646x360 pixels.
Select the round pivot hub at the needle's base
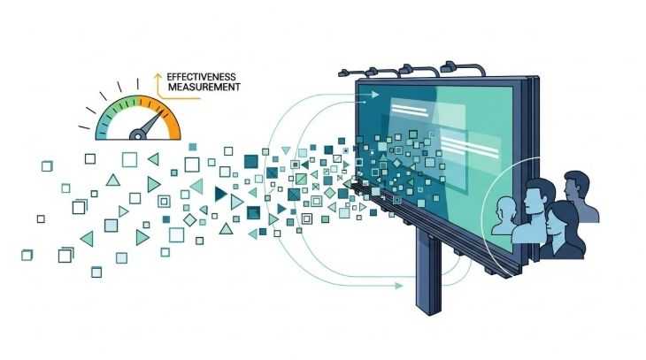click(137, 134)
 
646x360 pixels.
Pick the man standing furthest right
click(578, 195)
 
